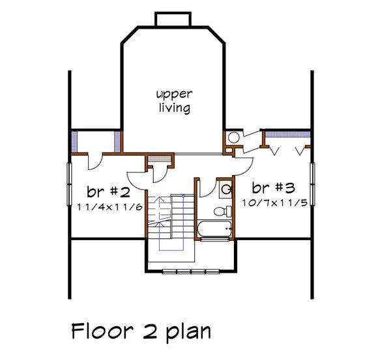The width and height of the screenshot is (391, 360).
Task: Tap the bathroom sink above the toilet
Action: [226, 189]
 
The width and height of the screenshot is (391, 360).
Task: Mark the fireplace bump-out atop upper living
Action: [173, 20]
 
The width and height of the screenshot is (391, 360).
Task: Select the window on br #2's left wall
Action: [69, 184]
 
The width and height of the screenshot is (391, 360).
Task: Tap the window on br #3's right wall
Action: [312, 184]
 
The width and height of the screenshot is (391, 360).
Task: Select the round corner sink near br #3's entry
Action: [232, 137]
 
